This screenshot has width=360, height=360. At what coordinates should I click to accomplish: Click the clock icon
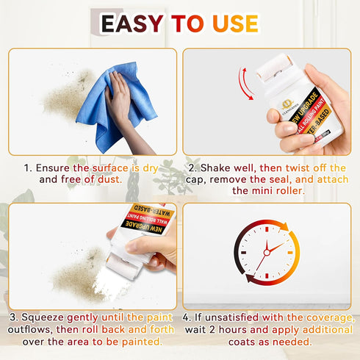pyautogui.click(x=269, y=254)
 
